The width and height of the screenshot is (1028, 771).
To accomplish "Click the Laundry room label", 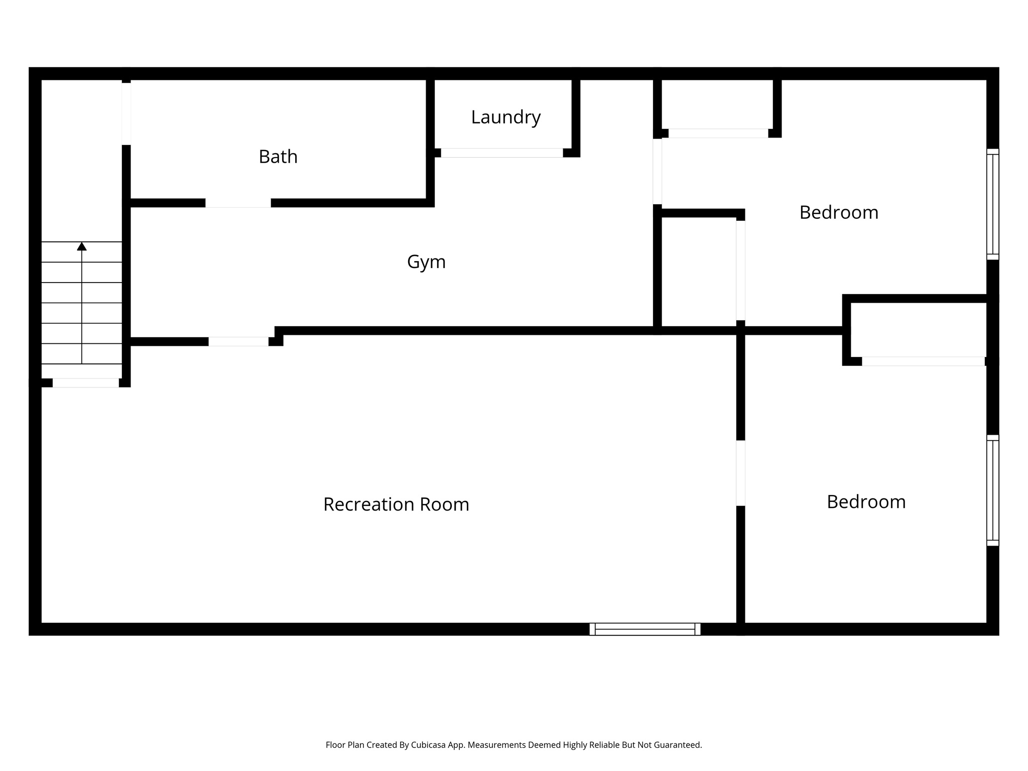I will pyautogui.click(x=505, y=117).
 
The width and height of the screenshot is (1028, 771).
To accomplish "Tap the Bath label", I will pyautogui.click(x=278, y=157).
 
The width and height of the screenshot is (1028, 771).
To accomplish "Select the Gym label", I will pyautogui.click(x=426, y=262).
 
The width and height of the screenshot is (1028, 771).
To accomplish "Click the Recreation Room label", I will pyautogui.click(x=396, y=504).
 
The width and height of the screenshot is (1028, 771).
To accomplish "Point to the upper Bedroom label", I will pyautogui.click(x=839, y=212).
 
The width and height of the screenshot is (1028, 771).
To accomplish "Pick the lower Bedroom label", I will pyautogui.click(x=866, y=501).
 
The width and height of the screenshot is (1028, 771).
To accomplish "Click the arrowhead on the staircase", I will pyautogui.click(x=82, y=246).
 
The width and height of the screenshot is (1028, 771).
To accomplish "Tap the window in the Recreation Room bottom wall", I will pyautogui.click(x=645, y=629).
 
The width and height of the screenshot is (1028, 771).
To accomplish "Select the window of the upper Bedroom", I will pyautogui.click(x=992, y=204).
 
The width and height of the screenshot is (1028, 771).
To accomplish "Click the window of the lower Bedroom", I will pyautogui.click(x=992, y=490).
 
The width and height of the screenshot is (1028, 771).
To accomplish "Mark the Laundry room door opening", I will pyautogui.click(x=501, y=153).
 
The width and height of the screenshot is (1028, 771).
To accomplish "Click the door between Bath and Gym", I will pyautogui.click(x=238, y=203).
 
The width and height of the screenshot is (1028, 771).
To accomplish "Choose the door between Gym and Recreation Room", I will pyautogui.click(x=238, y=342).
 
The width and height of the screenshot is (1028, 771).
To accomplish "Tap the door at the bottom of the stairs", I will pyautogui.click(x=86, y=383).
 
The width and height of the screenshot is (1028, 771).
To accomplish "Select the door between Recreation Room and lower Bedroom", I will pyautogui.click(x=740, y=473).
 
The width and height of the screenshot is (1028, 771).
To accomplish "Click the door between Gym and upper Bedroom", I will pyautogui.click(x=657, y=172).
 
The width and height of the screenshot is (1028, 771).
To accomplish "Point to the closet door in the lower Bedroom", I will pyautogui.click(x=923, y=361).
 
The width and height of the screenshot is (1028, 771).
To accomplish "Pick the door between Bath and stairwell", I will pyautogui.click(x=126, y=114).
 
